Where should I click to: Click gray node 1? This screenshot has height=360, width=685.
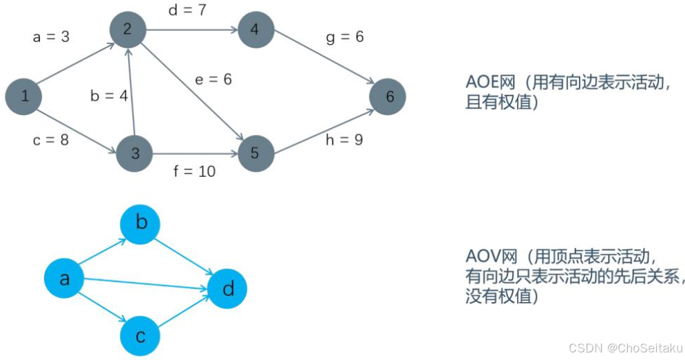point(24,96)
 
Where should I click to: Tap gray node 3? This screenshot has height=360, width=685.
point(135,153)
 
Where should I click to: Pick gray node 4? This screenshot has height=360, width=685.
point(255,30)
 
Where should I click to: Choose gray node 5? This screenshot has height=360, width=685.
point(255,153)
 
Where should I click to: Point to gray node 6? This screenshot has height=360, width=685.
point(388,96)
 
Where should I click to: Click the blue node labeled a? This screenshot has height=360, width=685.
point(65,279)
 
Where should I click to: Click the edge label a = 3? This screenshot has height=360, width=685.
point(51,36)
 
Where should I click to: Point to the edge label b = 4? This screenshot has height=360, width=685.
point(109,96)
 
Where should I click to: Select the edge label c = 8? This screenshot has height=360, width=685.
point(50,140)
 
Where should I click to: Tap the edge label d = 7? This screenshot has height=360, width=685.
point(187,10)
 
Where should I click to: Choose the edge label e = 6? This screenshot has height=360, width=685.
point(213,79)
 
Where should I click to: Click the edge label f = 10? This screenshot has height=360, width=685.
point(194,171)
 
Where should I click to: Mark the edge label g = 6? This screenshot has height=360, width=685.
point(344,36)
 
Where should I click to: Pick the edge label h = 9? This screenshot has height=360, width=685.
point(344,140)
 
